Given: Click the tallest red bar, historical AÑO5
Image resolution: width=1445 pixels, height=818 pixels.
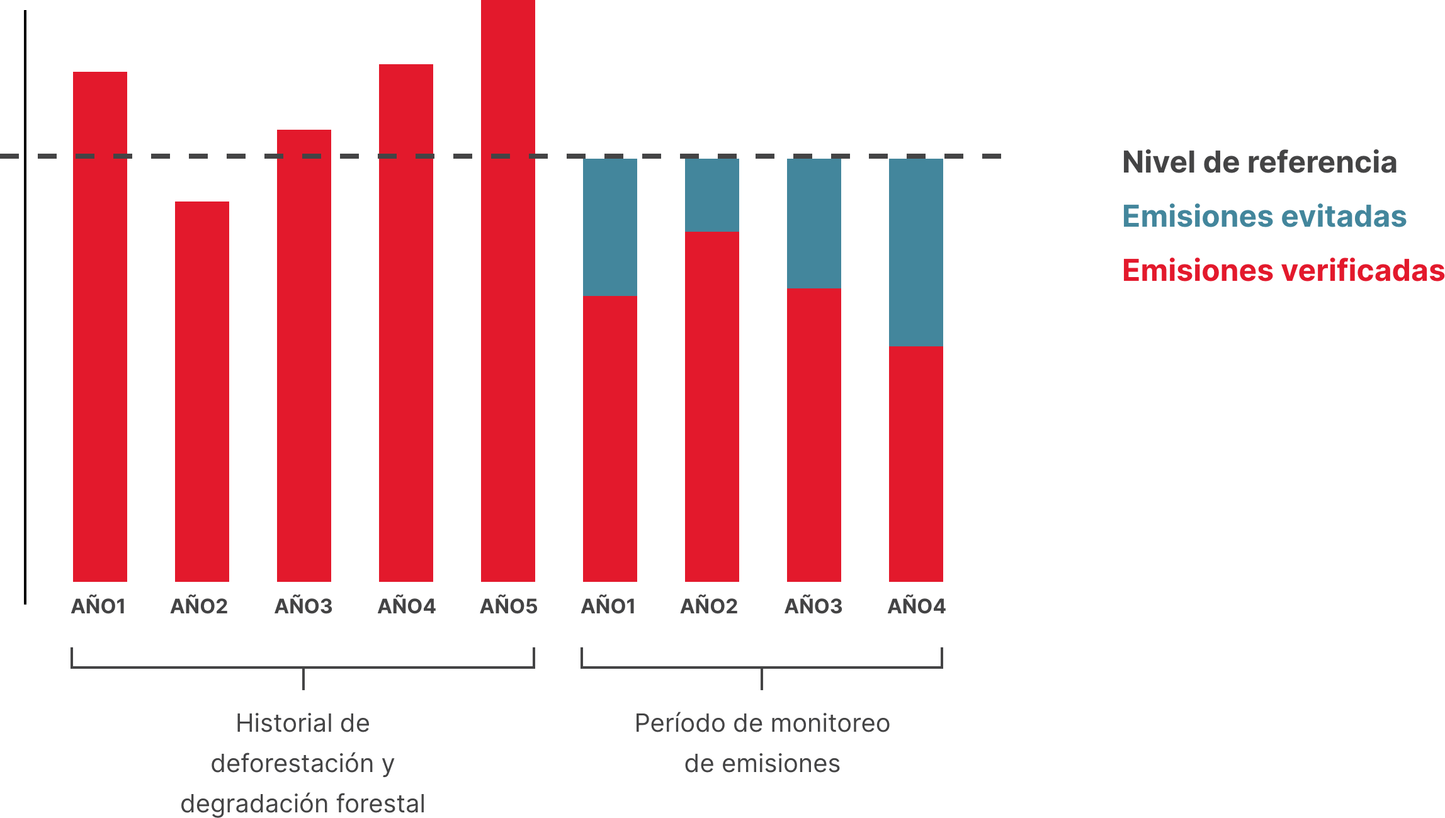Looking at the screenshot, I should tap(507, 290).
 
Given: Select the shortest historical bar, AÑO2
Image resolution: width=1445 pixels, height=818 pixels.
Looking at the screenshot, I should tap(201, 390).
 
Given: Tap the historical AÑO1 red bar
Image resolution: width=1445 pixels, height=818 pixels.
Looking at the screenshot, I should tap(99, 327).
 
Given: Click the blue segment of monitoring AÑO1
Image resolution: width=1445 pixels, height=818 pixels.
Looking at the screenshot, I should tap(609, 227).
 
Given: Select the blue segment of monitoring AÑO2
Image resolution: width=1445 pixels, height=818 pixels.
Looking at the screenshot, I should tap(711, 195).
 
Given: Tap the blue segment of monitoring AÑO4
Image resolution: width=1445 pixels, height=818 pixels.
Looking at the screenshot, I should tap(915, 252).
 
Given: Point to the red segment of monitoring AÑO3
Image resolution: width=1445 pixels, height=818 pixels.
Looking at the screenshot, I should tap(813, 435).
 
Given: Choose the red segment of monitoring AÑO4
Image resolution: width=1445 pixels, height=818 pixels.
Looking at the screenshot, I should tap(915, 463).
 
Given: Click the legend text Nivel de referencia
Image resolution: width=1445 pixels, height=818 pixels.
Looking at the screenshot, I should tap(1259, 162).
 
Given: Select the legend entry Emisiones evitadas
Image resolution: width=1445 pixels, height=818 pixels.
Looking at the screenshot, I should tap(1264, 217).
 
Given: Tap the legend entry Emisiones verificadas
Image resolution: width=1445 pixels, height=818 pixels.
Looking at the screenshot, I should tap(1283, 271).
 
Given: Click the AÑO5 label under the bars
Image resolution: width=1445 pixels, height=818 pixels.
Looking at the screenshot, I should tap(509, 606).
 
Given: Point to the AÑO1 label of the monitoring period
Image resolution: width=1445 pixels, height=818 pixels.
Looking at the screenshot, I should tap(608, 606).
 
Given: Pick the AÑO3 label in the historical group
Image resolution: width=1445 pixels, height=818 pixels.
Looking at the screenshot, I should tap(303, 606).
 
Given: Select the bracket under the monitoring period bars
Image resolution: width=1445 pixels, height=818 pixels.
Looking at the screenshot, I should tap(761, 667).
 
